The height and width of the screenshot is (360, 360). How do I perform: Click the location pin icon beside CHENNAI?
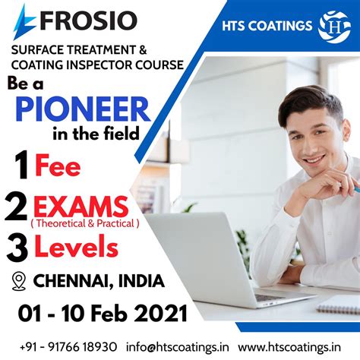(20, 282)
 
